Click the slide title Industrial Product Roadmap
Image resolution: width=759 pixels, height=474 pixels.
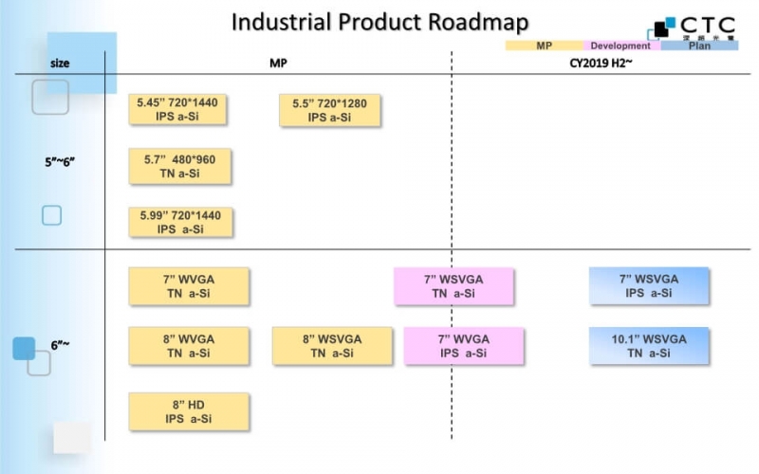click(379, 22)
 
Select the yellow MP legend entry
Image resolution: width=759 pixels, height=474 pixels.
click(545, 46)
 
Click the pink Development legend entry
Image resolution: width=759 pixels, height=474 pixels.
click(620, 46)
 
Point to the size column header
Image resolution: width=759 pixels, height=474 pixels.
click(59, 64)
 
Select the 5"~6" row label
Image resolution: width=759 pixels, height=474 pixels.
click(60, 161)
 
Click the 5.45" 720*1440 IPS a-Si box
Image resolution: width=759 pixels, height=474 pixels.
click(178, 109)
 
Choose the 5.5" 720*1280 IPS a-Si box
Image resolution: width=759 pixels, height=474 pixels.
click(330, 110)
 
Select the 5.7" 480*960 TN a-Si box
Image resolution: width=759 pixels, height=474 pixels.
click(179, 167)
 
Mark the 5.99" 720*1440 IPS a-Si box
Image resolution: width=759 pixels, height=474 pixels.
click(180, 222)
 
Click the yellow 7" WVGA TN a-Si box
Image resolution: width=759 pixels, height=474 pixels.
click(189, 286)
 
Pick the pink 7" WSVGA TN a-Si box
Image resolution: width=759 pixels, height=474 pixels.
click(454, 286)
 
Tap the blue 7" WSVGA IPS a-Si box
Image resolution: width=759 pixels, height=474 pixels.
click(649, 286)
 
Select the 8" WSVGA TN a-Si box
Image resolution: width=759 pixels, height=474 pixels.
click(331, 346)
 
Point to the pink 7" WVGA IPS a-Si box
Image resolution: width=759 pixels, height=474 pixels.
click(463, 346)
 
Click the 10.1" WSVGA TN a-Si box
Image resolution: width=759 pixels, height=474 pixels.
click(649, 346)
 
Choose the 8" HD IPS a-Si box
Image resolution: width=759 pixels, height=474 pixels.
click(189, 411)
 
